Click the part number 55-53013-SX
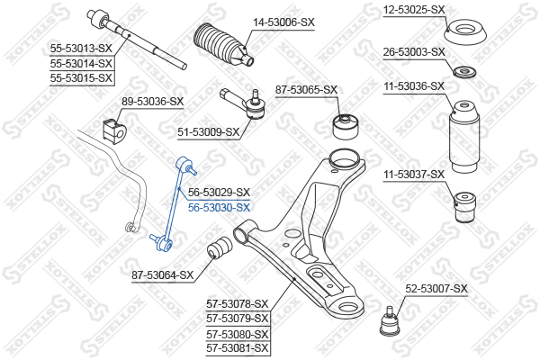tap(81, 49)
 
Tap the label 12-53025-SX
tap(414, 10)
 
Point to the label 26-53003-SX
tap(414, 52)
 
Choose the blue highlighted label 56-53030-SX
tap(219, 207)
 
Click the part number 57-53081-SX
tap(238, 346)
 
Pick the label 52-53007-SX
tap(436, 288)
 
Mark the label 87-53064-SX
tap(163, 274)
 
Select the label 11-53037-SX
tap(414, 174)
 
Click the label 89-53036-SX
tap(152, 102)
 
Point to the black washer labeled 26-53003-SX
tap(465, 71)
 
